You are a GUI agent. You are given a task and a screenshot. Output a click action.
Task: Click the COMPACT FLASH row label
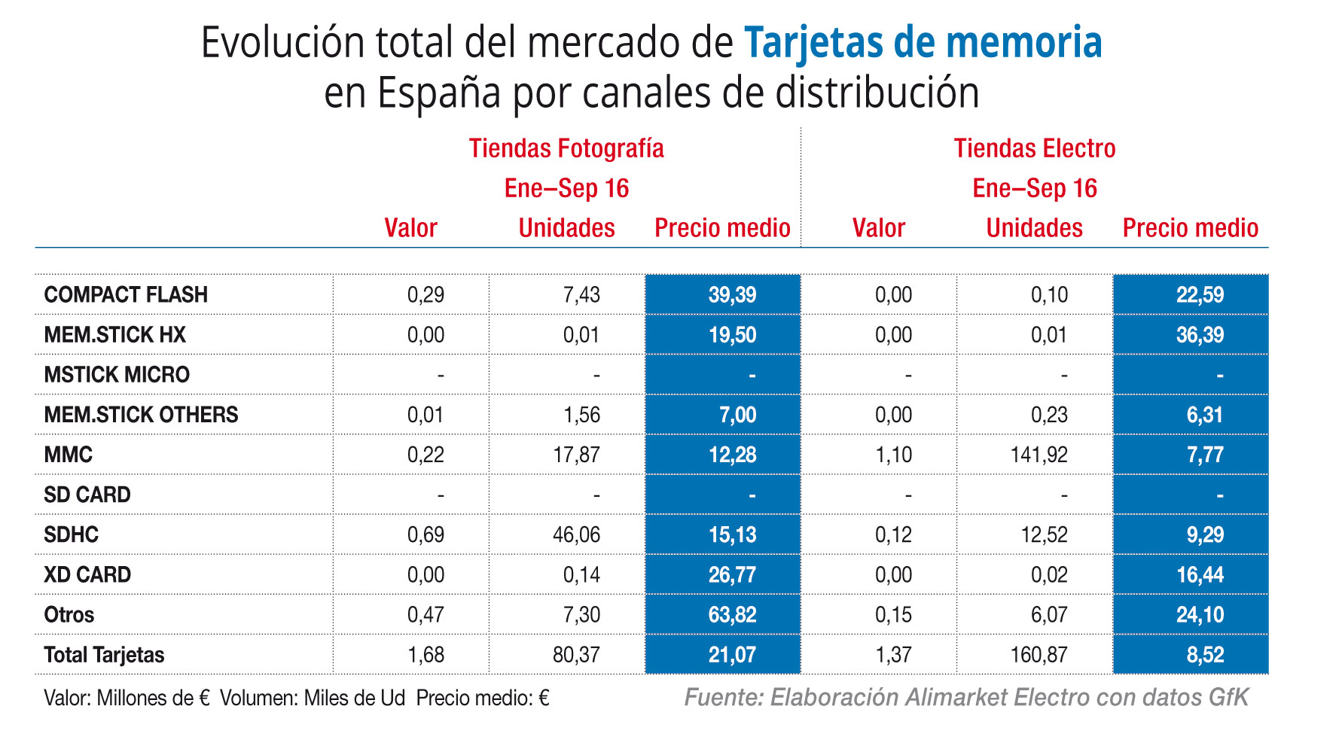(126, 294)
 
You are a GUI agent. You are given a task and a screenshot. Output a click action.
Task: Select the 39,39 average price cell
(731, 294)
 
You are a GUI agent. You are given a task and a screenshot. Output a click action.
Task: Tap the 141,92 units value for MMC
(1039, 455)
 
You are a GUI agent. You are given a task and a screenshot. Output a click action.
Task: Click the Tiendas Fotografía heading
(566, 148)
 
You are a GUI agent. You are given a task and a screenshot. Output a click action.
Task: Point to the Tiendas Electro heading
(1034, 148)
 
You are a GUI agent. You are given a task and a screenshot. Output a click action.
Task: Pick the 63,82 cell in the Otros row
(731, 615)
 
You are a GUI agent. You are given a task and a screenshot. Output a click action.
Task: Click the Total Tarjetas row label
(104, 655)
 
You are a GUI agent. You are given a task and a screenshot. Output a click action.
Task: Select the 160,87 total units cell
(1039, 655)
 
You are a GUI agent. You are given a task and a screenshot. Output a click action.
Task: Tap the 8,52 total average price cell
(1204, 655)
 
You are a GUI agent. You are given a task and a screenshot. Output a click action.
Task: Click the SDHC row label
(71, 534)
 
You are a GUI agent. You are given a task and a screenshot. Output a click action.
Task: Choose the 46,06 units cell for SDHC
(576, 534)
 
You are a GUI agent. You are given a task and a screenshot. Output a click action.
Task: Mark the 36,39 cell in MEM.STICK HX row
(1200, 335)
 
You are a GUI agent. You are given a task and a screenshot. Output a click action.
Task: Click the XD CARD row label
(87, 575)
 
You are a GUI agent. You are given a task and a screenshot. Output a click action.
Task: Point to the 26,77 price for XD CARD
(731, 575)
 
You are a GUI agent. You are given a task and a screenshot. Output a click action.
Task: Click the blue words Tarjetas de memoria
(923, 43)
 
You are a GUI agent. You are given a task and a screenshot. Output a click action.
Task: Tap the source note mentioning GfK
(965, 697)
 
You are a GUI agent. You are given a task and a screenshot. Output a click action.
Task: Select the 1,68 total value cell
(425, 655)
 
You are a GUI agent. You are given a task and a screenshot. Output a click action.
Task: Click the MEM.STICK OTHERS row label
(141, 415)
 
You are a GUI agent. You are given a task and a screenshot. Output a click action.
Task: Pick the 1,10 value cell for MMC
(893, 455)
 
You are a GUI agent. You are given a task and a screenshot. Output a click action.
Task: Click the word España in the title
(438, 93)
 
